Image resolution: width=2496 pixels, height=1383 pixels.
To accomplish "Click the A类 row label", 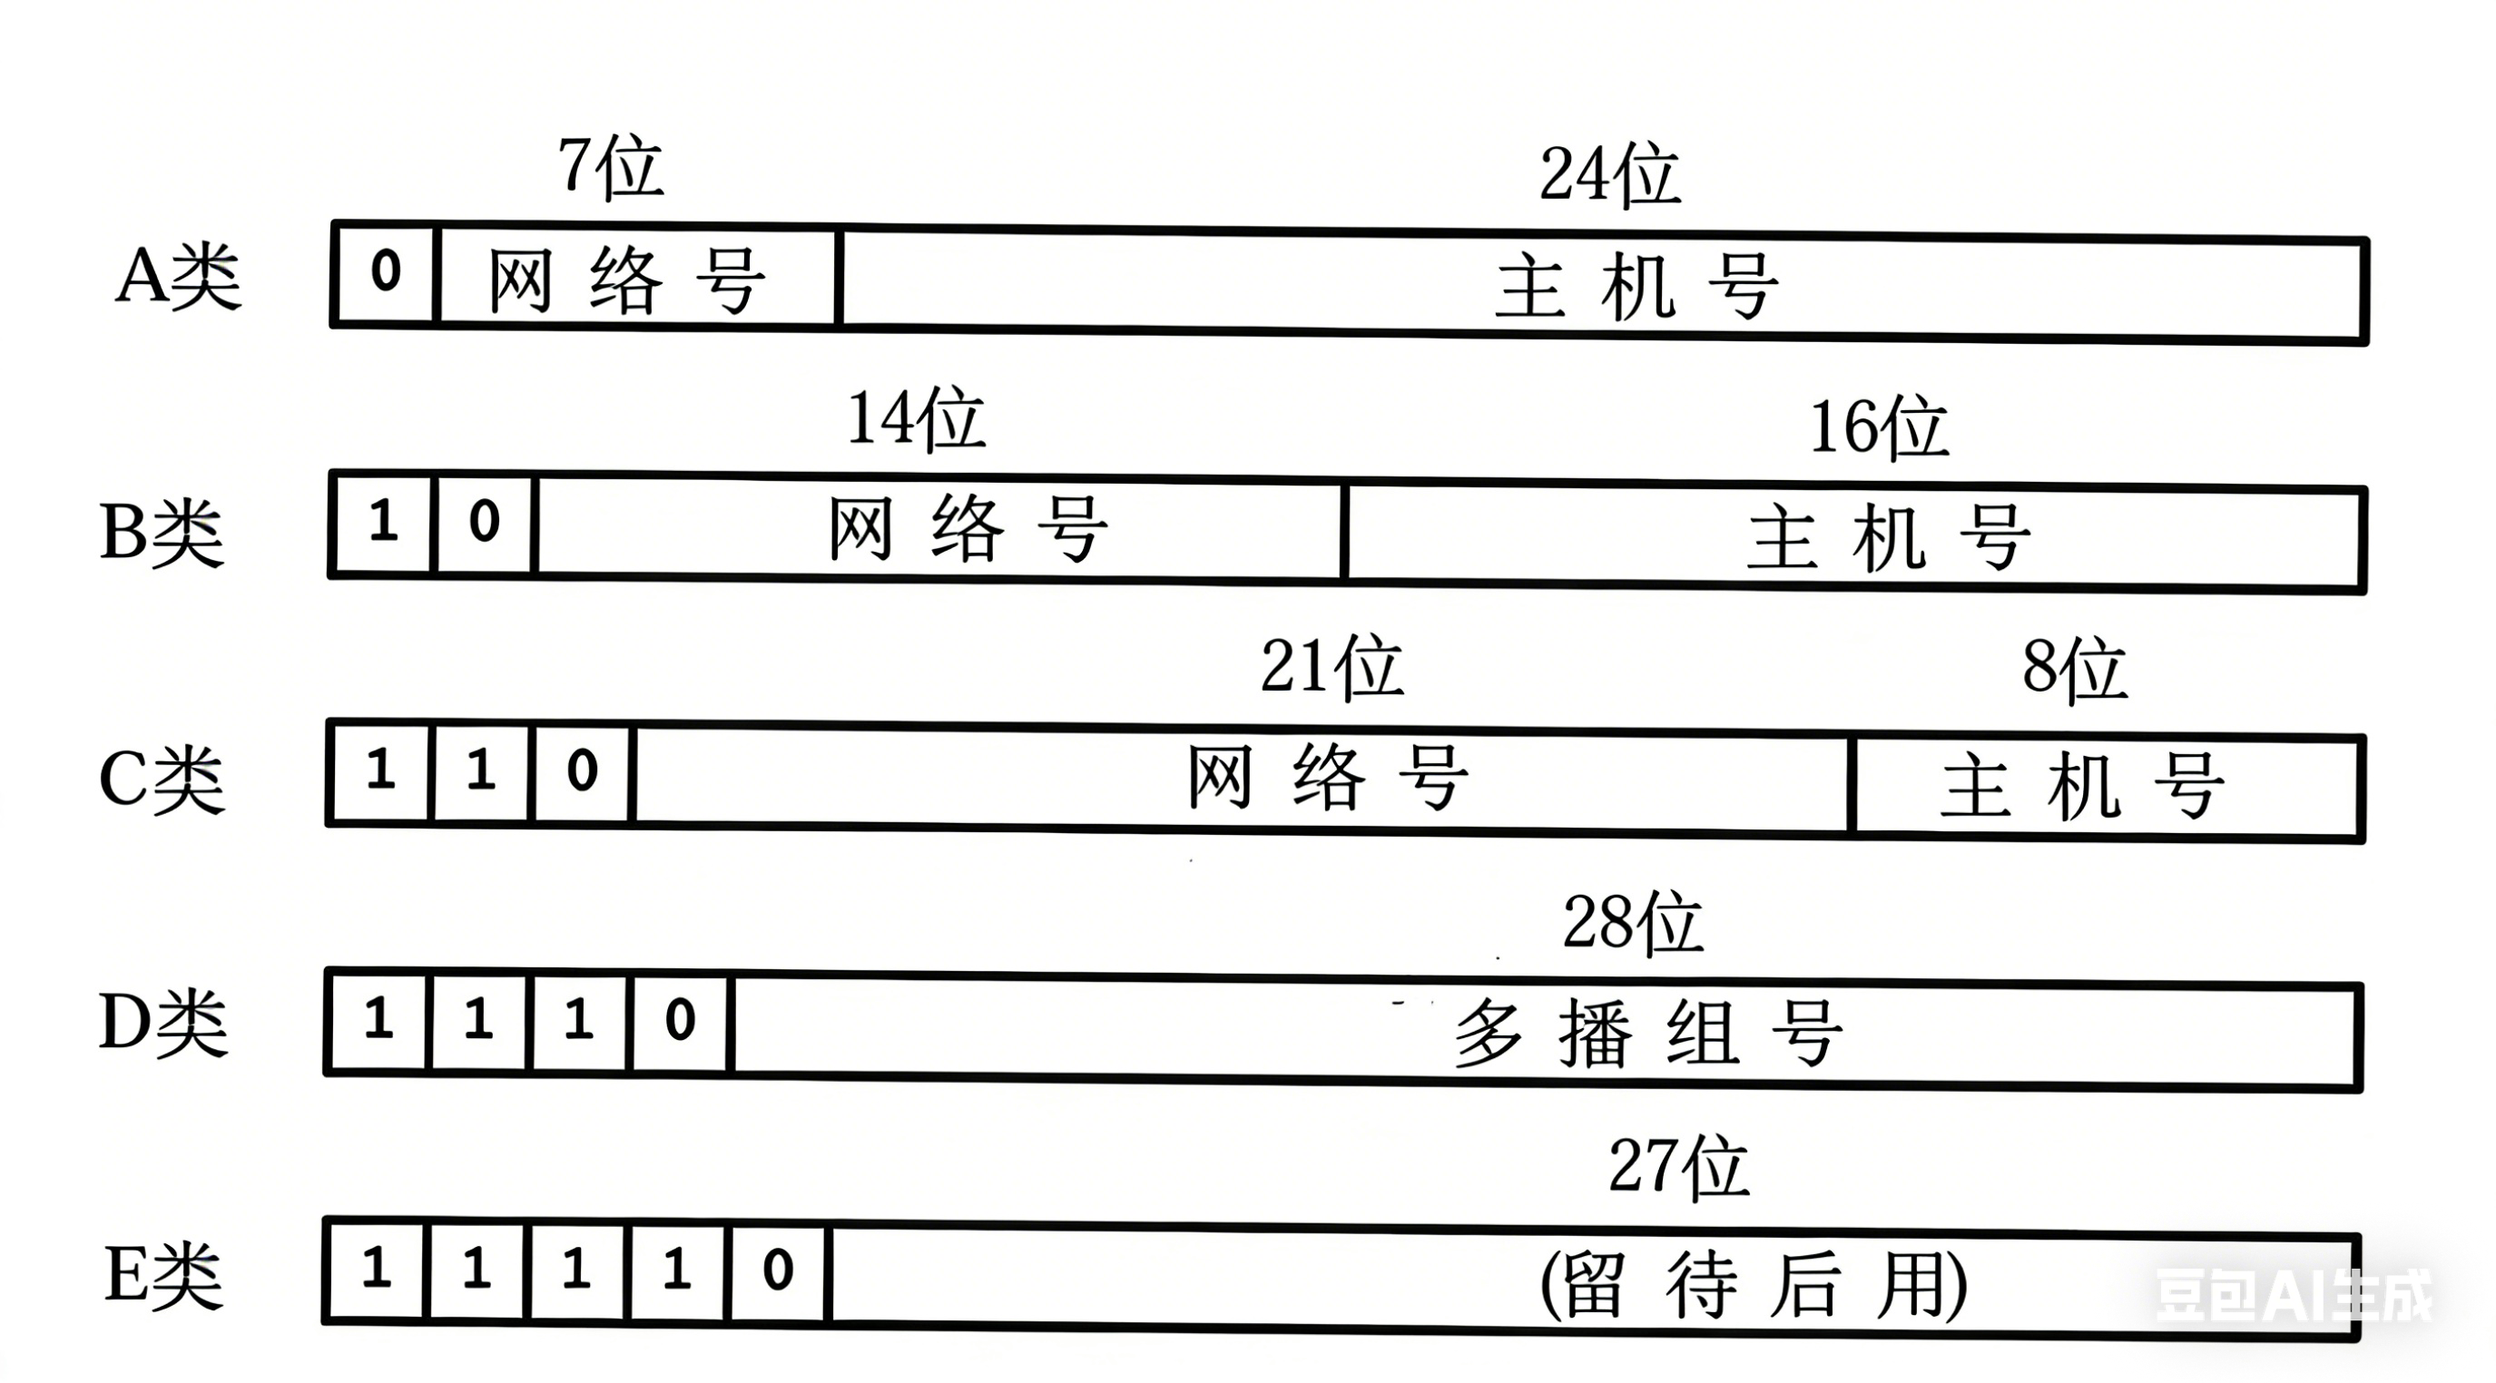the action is point(178,277).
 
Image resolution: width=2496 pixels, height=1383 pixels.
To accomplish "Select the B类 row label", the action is point(162,533).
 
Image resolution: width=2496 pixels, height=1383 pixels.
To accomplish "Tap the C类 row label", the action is point(162,780).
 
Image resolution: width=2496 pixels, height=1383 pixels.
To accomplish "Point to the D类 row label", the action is point(163,1024).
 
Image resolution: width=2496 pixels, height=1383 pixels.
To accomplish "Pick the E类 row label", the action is point(163,1277).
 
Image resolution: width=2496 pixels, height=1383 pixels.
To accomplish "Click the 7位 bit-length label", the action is point(611,168).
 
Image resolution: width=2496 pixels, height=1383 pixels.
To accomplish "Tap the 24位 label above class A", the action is point(1609,175).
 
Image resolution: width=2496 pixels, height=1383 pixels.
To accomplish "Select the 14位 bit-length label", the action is point(916,419).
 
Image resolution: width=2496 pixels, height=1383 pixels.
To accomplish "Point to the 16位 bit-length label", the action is point(1878,427).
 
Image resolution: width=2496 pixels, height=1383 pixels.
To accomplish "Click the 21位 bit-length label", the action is point(1332,667).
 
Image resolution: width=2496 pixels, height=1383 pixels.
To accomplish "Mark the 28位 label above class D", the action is point(1633,922).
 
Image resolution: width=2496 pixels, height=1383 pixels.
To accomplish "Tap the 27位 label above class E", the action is point(1678,1167).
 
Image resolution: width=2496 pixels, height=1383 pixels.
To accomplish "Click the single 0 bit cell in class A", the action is point(386,271).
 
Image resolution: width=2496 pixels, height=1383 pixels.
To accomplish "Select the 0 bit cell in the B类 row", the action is point(485,523).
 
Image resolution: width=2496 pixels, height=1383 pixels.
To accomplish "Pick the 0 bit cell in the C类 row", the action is point(583,772).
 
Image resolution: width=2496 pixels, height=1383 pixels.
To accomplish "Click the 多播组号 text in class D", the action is point(1647,1034).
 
